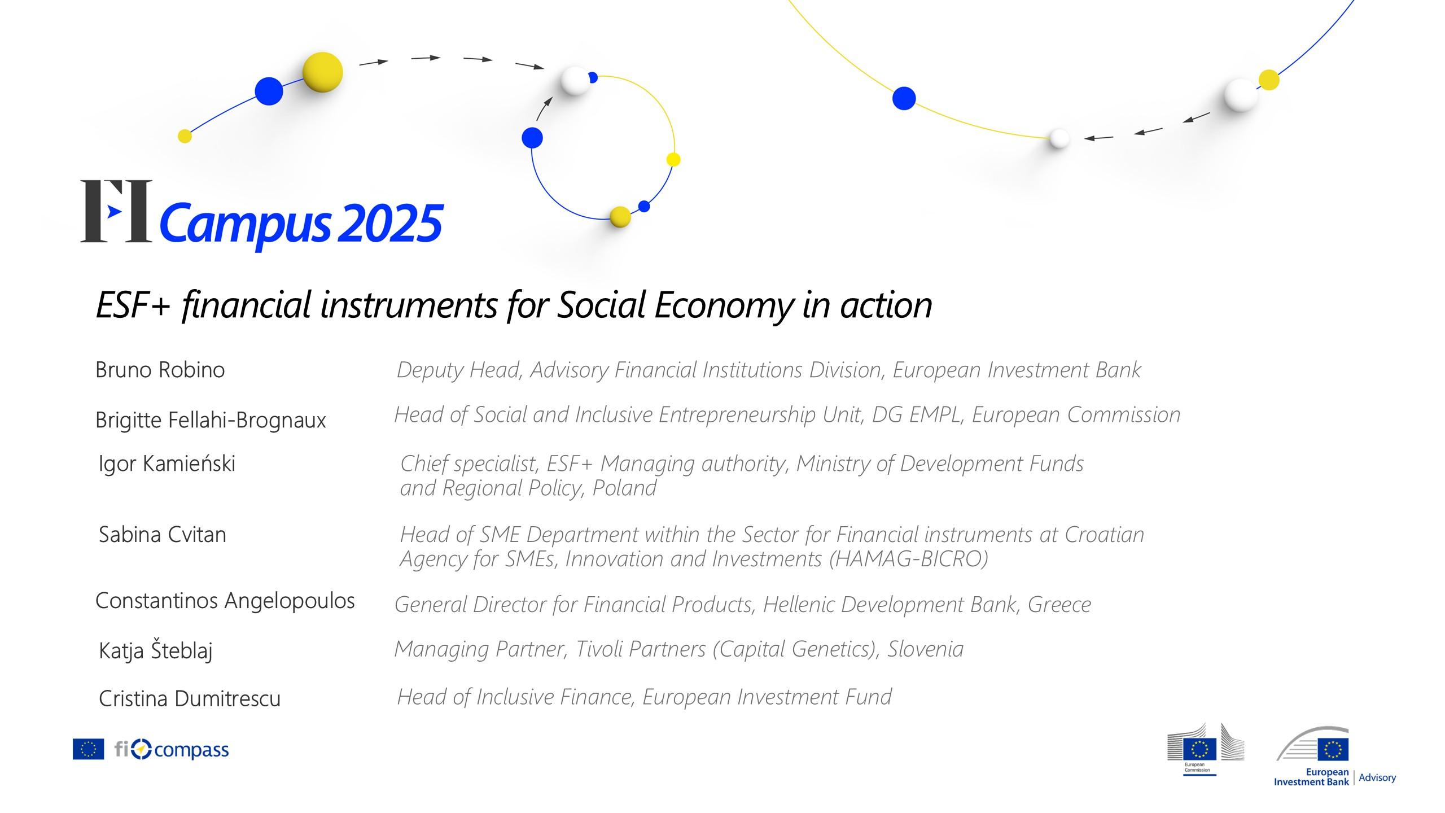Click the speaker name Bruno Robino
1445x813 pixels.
160,370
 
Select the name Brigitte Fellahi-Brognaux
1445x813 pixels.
211,420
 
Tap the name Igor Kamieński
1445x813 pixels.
167,464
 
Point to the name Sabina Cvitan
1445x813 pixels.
163,534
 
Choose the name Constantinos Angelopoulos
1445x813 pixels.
225,601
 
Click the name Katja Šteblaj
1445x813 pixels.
156,650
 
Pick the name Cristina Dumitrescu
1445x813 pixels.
190,698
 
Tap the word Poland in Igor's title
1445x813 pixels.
624,488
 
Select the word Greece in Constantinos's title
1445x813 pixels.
1059,605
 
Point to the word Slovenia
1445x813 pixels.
926,649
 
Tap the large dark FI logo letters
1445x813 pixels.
116,211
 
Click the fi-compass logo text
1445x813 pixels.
172,750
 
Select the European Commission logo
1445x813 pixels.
1206,749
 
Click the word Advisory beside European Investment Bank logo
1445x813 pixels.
1377,777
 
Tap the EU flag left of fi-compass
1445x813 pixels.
89,749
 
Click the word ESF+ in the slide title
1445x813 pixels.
133,305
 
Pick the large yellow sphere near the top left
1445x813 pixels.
323,72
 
